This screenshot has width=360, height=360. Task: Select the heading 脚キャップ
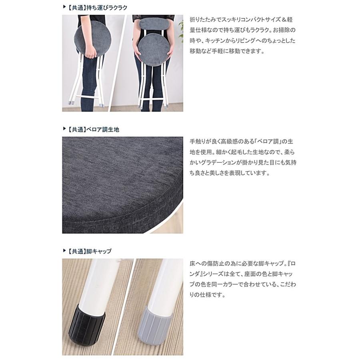click(98, 251)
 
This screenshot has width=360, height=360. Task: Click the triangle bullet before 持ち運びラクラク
click(64, 7)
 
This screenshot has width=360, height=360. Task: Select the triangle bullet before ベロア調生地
click(64, 130)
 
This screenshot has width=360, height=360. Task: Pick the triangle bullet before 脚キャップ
click(64, 251)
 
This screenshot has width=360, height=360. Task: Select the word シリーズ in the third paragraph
click(216, 275)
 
